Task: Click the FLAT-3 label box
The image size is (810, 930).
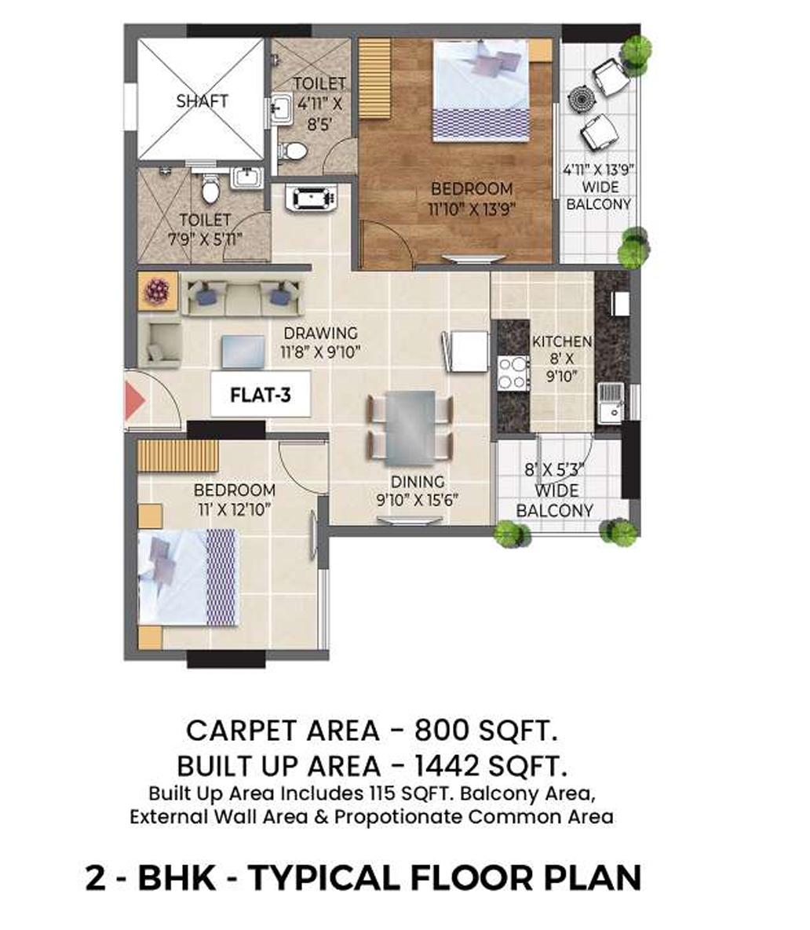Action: [x=261, y=395]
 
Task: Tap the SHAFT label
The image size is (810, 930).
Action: [x=202, y=101]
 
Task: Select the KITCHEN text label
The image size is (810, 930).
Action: [x=562, y=342]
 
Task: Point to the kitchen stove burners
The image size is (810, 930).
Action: [x=512, y=372]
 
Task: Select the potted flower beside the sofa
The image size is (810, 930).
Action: [x=157, y=291]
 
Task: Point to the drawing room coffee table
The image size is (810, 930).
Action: [x=243, y=352]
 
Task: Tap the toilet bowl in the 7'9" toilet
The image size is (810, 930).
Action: [x=210, y=189]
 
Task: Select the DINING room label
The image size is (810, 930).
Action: [x=418, y=482]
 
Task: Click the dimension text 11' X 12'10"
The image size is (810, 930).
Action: [x=234, y=509]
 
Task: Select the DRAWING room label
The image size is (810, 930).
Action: [x=320, y=333]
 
